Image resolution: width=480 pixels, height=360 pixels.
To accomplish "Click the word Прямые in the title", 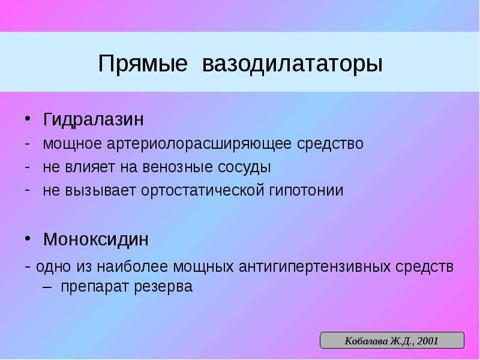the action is tap(143, 64).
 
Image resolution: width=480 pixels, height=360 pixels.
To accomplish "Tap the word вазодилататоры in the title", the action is tap(292, 64).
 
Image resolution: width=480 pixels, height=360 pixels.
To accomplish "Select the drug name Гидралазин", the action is tap(93, 119).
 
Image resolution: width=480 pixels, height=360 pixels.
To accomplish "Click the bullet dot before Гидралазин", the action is tap(28, 118).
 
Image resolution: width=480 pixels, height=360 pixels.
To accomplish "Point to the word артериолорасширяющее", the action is tap(199, 144).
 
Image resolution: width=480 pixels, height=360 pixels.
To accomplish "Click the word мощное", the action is tap(72, 144).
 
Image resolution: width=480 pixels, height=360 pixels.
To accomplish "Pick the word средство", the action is tap(331, 144).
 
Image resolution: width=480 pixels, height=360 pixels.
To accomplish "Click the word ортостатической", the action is tap(203, 190).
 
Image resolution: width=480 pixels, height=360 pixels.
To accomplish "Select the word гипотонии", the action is tap(307, 190).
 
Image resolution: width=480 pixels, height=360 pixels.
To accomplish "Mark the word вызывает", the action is tap(100, 190).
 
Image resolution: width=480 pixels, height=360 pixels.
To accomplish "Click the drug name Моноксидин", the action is tap(96, 239).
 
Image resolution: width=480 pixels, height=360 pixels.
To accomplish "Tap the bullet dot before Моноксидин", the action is tap(28, 238).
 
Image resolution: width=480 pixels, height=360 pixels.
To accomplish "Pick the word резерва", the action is tap(163, 287).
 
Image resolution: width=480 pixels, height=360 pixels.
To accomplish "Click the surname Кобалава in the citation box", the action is tap(366, 341).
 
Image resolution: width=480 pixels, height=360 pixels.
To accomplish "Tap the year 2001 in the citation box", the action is tap(428, 341).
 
